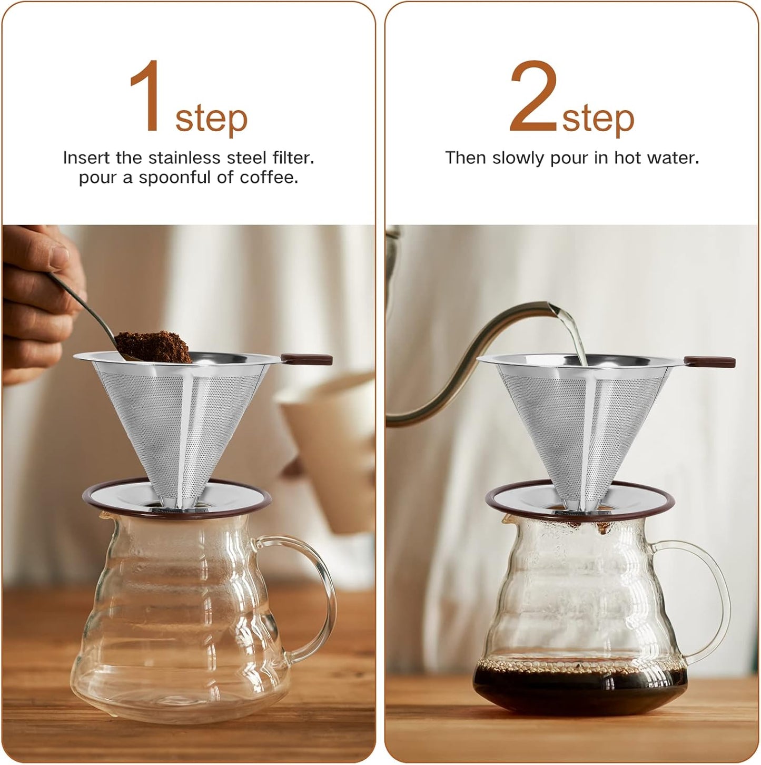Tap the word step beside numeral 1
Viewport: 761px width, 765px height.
tap(211, 119)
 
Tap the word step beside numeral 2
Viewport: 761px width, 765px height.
tap(598, 119)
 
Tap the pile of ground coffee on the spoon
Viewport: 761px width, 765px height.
tap(153, 345)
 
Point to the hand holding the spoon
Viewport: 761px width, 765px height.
tap(37, 295)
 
